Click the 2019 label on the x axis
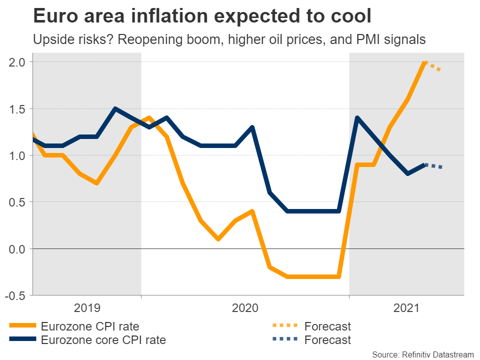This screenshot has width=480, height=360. tap(87, 308)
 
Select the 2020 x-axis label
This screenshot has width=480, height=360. tap(245, 308)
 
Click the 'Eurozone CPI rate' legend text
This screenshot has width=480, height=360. tap(90, 327)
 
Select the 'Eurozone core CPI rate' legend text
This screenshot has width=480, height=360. tap(103, 340)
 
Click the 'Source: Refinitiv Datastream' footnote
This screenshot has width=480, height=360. tap(422, 354)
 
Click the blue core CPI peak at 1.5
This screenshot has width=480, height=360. tap(115, 108)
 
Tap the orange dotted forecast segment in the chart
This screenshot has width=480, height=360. tap(433, 66)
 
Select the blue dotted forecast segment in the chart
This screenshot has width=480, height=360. tap(433, 166)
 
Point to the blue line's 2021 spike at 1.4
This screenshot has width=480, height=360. tap(357, 118)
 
